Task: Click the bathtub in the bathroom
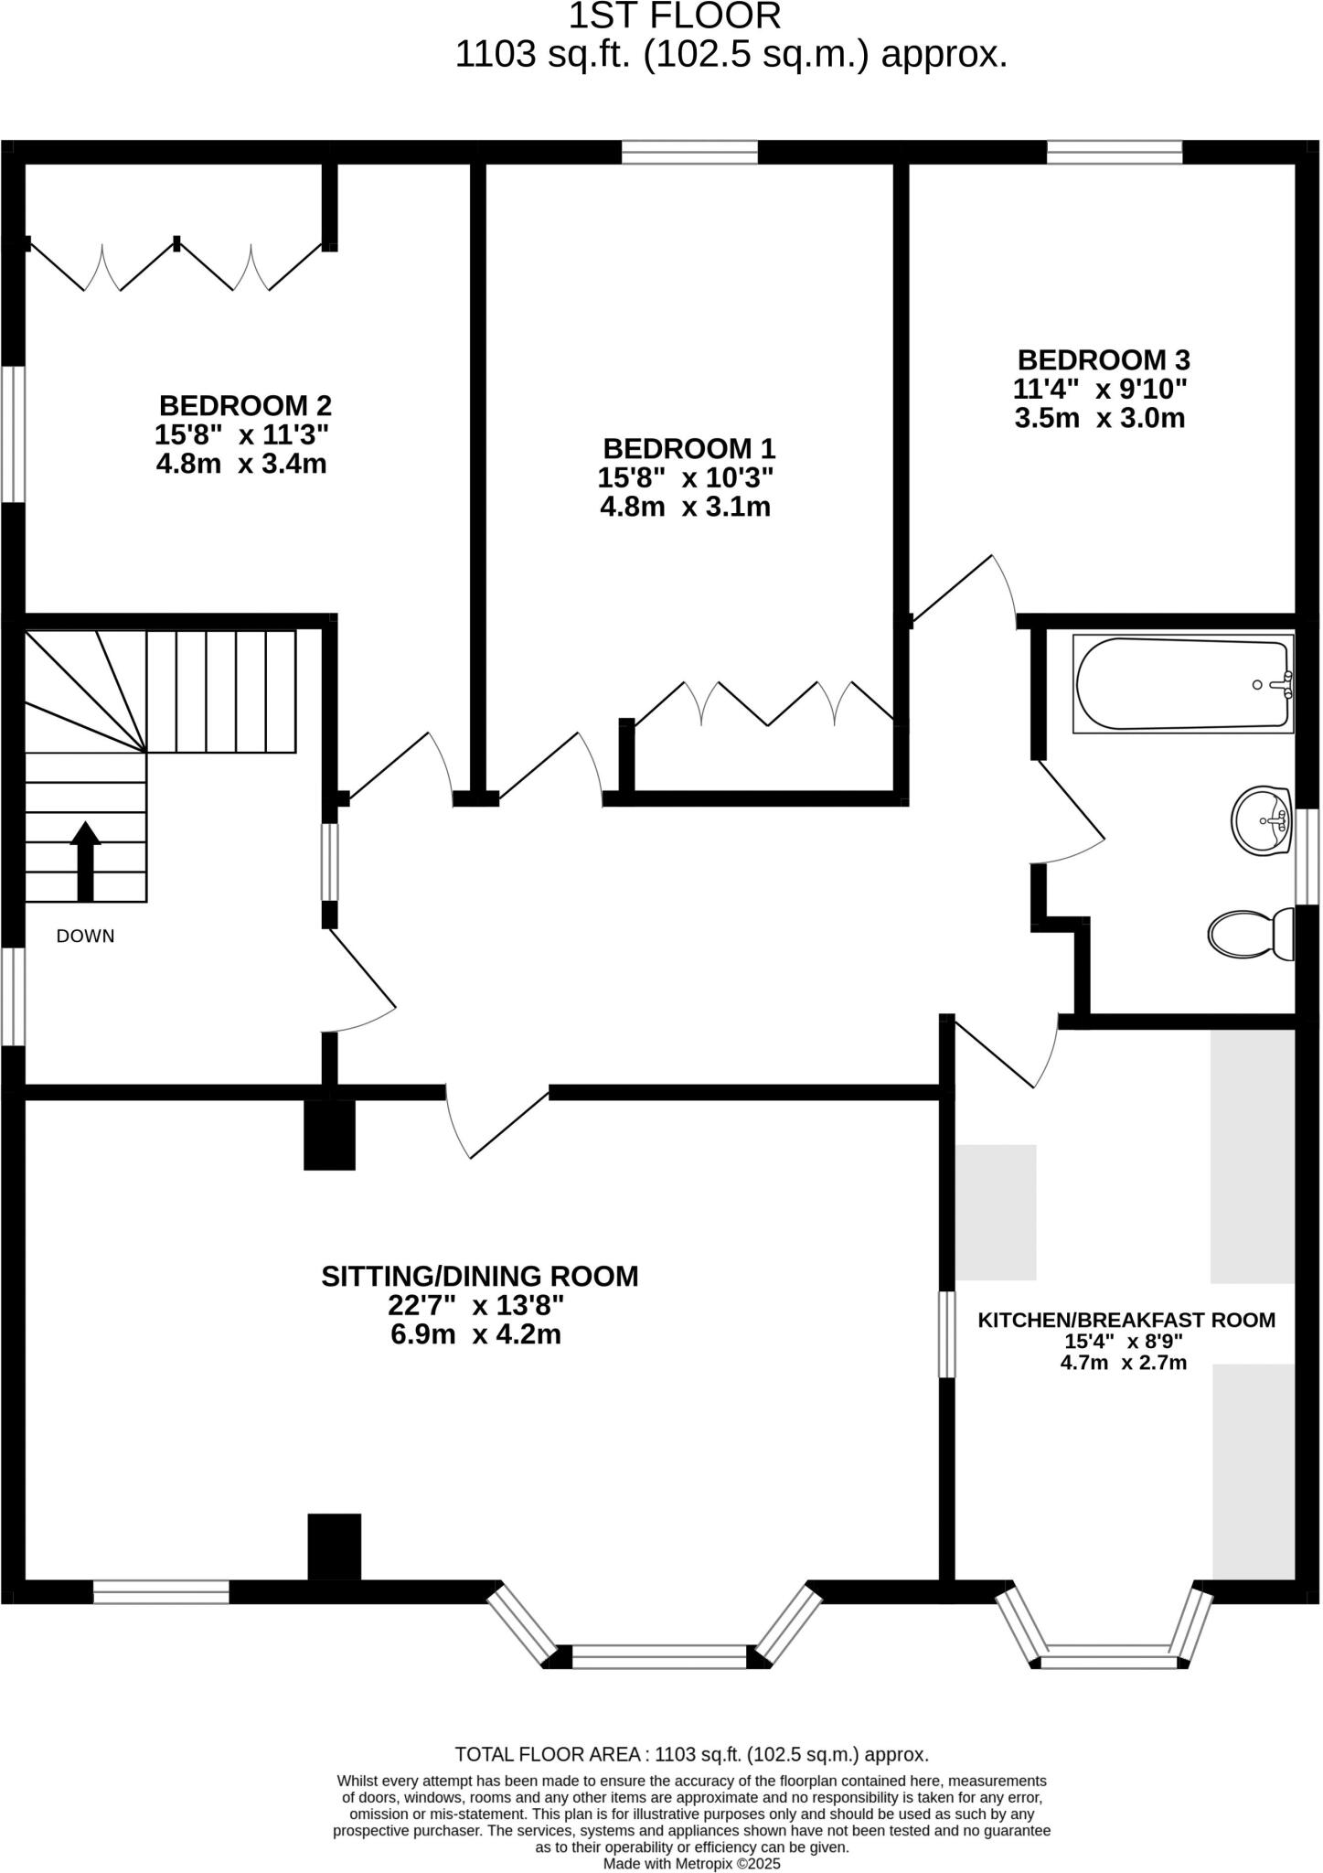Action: point(1182,684)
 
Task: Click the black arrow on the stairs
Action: point(86,861)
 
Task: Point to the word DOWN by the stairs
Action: point(85,936)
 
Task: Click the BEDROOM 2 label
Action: point(245,405)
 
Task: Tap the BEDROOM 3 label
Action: point(1104,359)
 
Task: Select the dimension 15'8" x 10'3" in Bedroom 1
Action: point(686,477)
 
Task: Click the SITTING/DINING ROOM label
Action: point(479,1276)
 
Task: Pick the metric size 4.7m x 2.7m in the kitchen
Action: point(1123,1363)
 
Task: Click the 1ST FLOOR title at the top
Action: point(676,16)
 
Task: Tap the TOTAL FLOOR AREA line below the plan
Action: point(691,1754)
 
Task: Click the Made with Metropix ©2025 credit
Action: point(691,1863)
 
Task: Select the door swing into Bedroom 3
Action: point(969,590)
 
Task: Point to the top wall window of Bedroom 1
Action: point(689,152)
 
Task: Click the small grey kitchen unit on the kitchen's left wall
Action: point(996,1212)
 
